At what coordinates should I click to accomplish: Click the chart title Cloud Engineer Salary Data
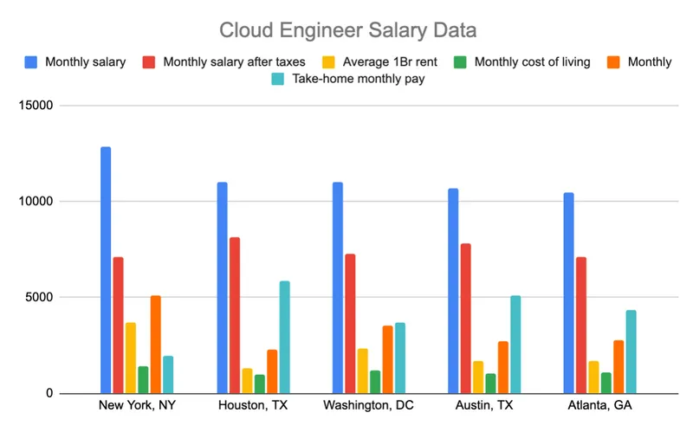pos(346,31)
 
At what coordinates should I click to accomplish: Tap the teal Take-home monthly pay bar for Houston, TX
pos(284,337)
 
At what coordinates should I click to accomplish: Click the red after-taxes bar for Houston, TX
pos(235,315)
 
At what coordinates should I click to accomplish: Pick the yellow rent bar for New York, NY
pos(131,358)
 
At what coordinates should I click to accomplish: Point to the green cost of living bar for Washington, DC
pos(375,382)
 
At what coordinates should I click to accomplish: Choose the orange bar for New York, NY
pos(156,345)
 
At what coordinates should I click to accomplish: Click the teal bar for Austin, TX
pos(515,345)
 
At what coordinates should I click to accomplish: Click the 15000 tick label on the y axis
pos(36,106)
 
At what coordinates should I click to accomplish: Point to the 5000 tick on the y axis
pos(39,298)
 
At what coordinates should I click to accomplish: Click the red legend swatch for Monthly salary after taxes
pos(148,61)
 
